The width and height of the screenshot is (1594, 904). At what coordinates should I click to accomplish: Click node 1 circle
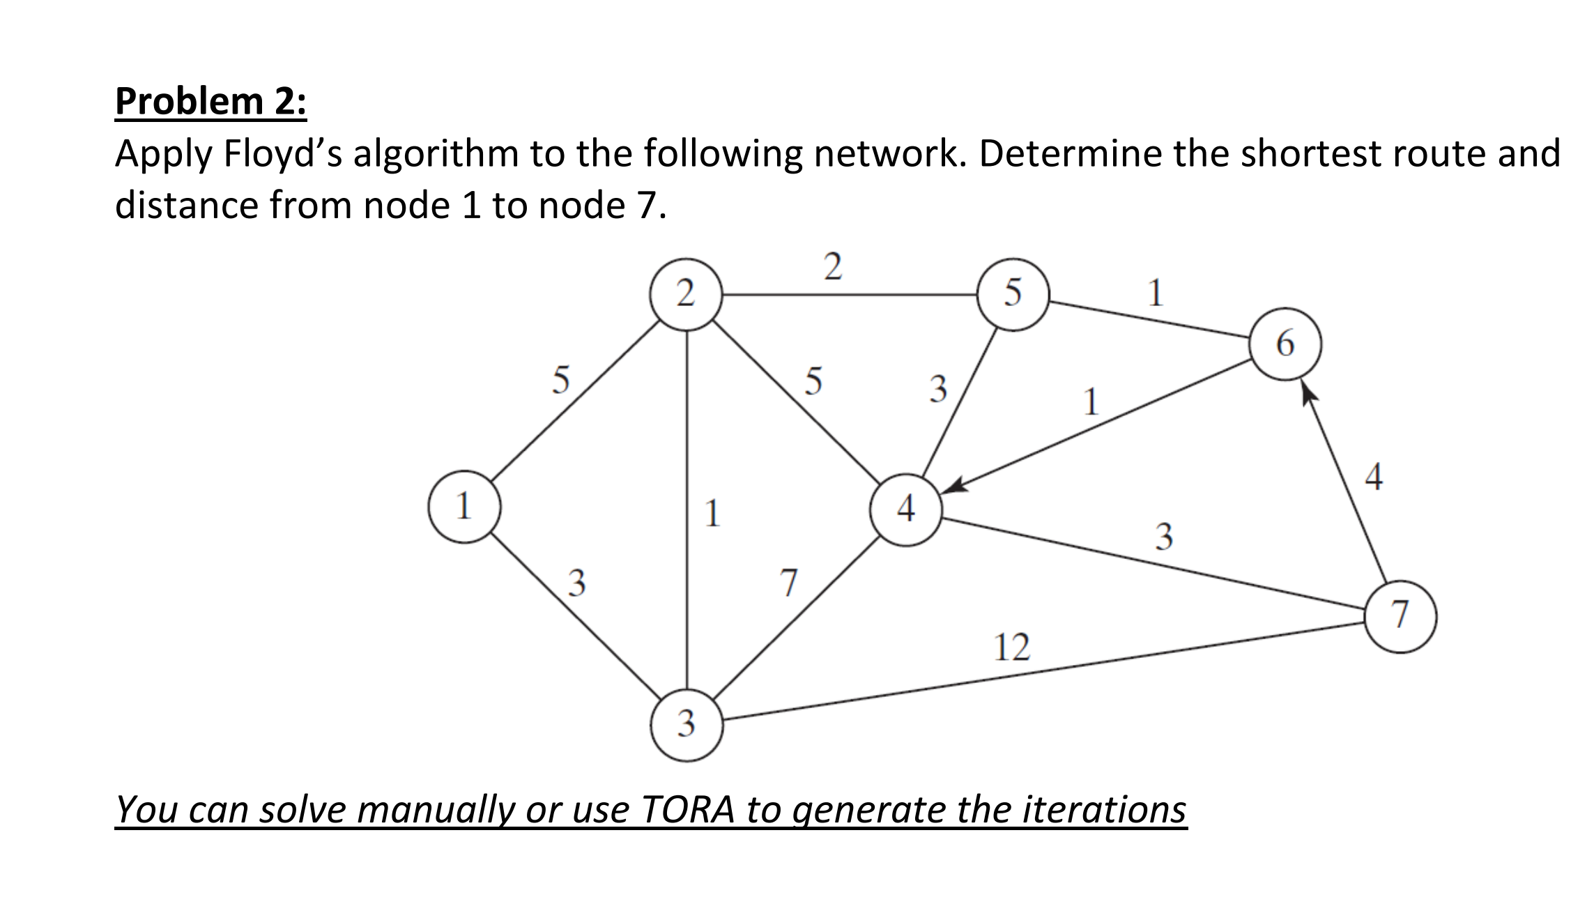pos(464,507)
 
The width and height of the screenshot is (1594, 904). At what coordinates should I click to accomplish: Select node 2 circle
pos(686,293)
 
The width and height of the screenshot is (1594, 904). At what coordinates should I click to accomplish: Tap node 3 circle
pos(687,723)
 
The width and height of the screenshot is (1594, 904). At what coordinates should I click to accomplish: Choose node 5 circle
pos(1013,293)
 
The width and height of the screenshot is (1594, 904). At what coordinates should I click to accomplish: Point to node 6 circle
pos(1285,344)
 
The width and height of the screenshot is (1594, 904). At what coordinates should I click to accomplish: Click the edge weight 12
pos(1011,648)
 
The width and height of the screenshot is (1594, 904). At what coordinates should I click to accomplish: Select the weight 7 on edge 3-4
pos(788,583)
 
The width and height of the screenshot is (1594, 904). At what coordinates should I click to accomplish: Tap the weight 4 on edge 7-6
pos(1373,477)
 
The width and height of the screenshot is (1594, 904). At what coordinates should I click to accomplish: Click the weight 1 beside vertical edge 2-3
pos(712,514)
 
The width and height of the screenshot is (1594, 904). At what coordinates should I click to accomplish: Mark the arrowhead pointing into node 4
pos(953,486)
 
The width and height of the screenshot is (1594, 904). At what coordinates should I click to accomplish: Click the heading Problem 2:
pos(210,101)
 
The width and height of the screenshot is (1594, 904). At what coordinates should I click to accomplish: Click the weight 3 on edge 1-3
pos(576,583)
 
